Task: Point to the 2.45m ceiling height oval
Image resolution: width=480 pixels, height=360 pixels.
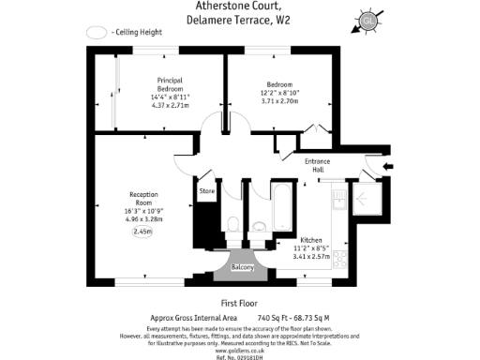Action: pyautogui.click(x=142, y=232)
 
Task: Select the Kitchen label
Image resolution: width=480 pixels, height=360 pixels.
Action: pyautogui.click(x=311, y=239)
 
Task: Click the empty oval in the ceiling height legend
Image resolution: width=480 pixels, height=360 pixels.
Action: pyautogui.click(x=96, y=32)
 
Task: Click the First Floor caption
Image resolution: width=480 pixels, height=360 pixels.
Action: pyautogui.click(x=240, y=303)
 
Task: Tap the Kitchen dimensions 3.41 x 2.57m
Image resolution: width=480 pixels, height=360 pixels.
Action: pyautogui.click(x=312, y=255)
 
